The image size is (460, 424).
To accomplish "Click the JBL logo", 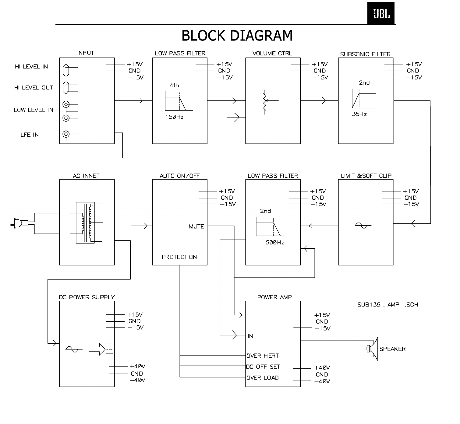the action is pyautogui.click(x=381, y=13).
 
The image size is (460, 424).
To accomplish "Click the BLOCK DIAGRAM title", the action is pyautogui.click(x=237, y=35).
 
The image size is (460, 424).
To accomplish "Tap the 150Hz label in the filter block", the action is pyautogui.click(x=174, y=117).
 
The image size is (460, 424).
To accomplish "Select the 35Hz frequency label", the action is pyautogui.click(x=359, y=114).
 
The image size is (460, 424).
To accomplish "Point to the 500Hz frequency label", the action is pyautogui.click(x=275, y=242).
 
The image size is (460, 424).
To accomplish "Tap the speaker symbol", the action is pyautogui.click(x=372, y=349).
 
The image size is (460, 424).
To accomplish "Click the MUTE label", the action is pyautogui.click(x=196, y=226).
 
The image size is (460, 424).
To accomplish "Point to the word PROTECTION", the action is pyautogui.click(x=179, y=257).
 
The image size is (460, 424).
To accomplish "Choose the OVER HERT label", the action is pyautogui.click(x=262, y=356).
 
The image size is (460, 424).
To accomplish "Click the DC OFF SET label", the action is pyautogui.click(x=263, y=366).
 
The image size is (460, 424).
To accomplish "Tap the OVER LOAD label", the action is pyautogui.click(x=262, y=377).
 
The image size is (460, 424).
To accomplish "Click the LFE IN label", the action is pyautogui.click(x=30, y=135).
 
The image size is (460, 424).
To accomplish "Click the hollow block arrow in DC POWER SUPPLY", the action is pyautogui.click(x=97, y=349).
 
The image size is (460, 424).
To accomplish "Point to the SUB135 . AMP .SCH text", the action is pyautogui.click(x=388, y=304).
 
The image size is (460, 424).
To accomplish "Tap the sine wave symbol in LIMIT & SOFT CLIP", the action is pyautogui.click(x=363, y=225).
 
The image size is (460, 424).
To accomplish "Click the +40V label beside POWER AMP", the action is pyautogui.click(x=322, y=367).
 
